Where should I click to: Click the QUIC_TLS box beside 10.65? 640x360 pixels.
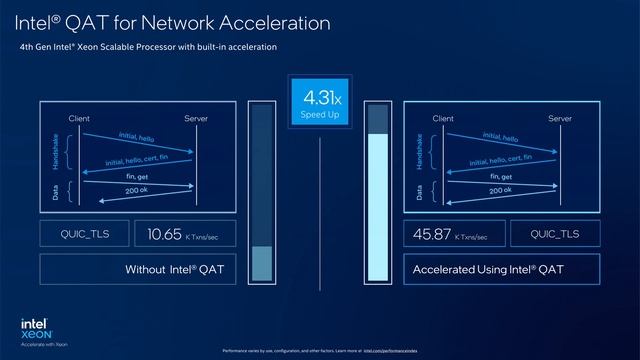click(x=83, y=235)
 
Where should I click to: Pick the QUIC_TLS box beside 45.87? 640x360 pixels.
click(x=555, y=235)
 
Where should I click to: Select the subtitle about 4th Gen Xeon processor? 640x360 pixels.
click(x=148, y=46)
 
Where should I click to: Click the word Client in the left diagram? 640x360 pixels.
click(x=80, y=119)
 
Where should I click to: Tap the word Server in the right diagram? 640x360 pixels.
click(x=560, y=119)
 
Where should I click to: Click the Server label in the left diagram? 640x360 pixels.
click(x=197, y=119)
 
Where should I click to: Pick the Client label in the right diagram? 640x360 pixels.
click(x=443, y=119)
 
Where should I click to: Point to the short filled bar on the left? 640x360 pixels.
click(x=261, y=263)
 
